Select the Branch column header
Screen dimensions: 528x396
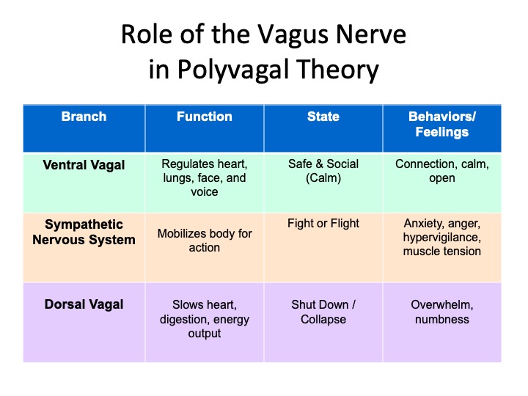click(x=84, y=117)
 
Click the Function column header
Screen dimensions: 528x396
click(x=205, y=117)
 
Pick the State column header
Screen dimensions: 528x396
click(x=323, y=117)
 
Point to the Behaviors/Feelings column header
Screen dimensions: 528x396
click(x=442, y=124)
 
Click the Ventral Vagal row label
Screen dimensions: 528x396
click(x=84, y=165)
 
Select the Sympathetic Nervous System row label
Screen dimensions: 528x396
click(x=84, y=232)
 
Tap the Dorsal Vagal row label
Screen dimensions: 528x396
click(x=84, y=304)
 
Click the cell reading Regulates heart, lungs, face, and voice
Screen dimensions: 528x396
click(x=205, y=177)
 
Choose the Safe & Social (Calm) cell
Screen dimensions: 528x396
click(x=323, y=171)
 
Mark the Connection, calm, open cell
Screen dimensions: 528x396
click(x=442, y=171)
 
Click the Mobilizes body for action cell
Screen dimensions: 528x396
click(x=205, y=241)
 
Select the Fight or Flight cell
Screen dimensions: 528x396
click(x=323, y=223)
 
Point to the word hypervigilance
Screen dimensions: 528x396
click(x=442, y=238)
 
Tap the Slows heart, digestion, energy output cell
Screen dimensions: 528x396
click(x=205, y=319)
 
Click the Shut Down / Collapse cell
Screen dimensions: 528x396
click(x=323, y=312)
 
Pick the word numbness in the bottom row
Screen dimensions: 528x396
click(x=442, y=319)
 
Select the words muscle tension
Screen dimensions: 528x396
click(x=442, y=252)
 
